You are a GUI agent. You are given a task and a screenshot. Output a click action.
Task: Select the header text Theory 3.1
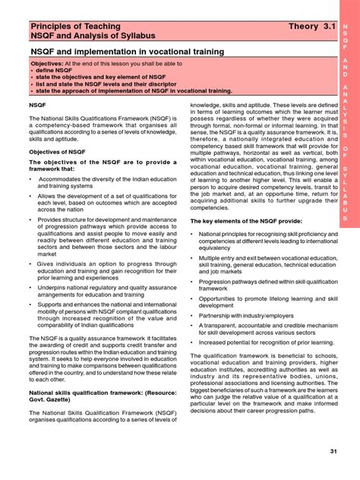coord(311,27)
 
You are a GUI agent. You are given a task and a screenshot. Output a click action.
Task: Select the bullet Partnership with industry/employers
coord(247,314)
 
